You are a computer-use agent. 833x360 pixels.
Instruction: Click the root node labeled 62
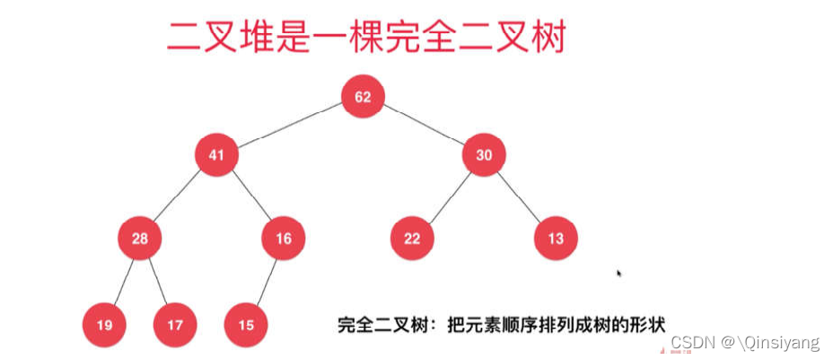(363, 97)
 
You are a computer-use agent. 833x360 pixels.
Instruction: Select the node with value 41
(216, 155)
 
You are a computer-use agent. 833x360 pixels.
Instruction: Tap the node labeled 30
(485, 155)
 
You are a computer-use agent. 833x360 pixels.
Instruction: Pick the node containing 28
(139, 238)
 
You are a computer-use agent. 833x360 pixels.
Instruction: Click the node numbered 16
(284, 238)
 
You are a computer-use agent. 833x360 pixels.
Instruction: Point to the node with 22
(412, 238)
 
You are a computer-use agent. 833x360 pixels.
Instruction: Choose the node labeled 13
(556, 238)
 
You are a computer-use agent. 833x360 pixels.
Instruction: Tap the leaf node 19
(104, 325)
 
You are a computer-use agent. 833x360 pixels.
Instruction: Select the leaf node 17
(174, 325)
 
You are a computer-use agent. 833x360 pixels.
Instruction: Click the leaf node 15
(246, 325)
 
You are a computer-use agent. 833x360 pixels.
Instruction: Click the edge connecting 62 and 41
(289, 126)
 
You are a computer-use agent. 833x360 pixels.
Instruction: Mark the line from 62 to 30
(424, 126)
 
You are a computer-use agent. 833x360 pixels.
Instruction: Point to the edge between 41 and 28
(178, 197)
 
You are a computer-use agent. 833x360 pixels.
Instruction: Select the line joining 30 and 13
(521, 197)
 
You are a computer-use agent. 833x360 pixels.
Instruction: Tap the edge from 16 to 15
(265, 281)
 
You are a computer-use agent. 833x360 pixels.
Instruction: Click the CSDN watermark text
(745, 343)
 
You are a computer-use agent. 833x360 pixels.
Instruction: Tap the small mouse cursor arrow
(619, 272)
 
